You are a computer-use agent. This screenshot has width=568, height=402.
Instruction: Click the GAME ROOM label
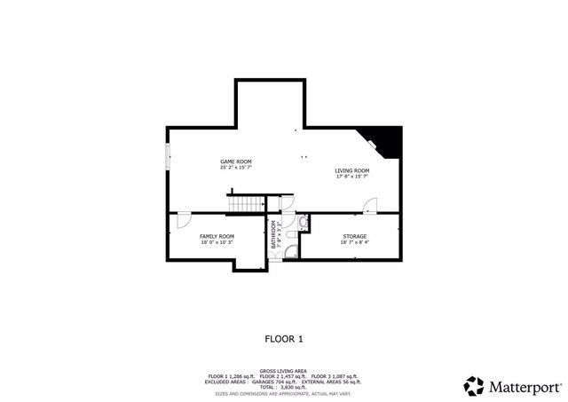[237, 162]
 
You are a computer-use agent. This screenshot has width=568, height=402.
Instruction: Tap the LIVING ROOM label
[351, 170]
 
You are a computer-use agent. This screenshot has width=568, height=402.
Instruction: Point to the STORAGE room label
[355, 236]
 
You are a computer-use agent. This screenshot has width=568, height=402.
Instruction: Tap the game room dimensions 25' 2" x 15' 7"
[237, 168]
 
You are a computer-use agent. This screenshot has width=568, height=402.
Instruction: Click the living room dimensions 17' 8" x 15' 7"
[351, 177]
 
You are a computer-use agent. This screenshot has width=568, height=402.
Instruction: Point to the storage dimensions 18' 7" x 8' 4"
[355, 242]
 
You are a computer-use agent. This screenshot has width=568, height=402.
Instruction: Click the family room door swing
[182, 217]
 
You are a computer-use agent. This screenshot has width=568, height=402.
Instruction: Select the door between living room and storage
[371, 205]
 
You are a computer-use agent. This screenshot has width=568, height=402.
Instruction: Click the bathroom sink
[302, 222]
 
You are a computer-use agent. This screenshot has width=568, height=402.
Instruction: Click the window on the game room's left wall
[167, 157]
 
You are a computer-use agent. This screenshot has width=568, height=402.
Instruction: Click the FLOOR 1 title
[284, 338]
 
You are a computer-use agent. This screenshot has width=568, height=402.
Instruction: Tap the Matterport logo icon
[474, 386]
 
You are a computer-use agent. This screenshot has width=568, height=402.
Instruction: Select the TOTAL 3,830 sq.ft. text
[284, 387]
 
